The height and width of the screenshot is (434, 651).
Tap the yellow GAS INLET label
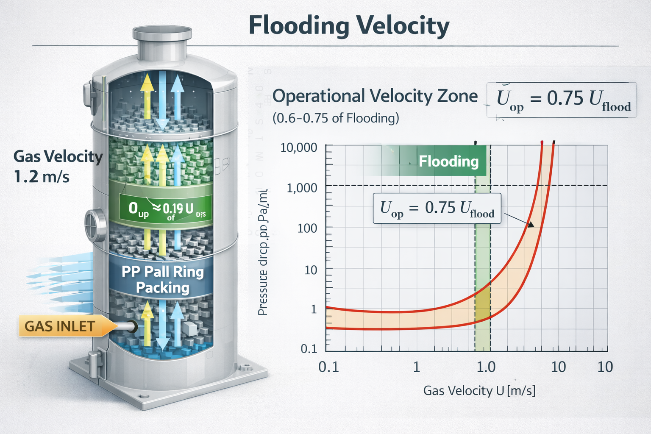pos(60,326)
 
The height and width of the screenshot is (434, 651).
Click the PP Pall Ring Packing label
pos(163,279)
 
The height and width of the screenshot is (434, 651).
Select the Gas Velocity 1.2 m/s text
pos(58,166)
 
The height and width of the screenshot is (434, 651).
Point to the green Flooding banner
pos(448,161)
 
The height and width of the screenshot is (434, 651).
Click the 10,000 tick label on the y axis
pos(299,147)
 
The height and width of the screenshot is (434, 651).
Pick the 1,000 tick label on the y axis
pos(302,187)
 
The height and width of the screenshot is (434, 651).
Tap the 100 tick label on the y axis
pos(307,228)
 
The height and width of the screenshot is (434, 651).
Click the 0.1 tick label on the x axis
pos(328,367)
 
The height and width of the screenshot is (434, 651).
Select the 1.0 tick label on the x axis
pos(486,367)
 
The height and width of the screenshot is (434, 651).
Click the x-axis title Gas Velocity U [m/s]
pos(479,390)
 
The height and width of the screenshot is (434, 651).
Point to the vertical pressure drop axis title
pos(263,252)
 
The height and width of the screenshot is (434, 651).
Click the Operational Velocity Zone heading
pos(375,96)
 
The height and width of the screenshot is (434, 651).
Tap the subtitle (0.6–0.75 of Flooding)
pos(336,118)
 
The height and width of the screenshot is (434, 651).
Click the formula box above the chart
pos(562,100)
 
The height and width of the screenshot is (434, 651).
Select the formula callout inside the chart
pos(437,209)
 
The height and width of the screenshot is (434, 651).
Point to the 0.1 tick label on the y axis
pos(309,349)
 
